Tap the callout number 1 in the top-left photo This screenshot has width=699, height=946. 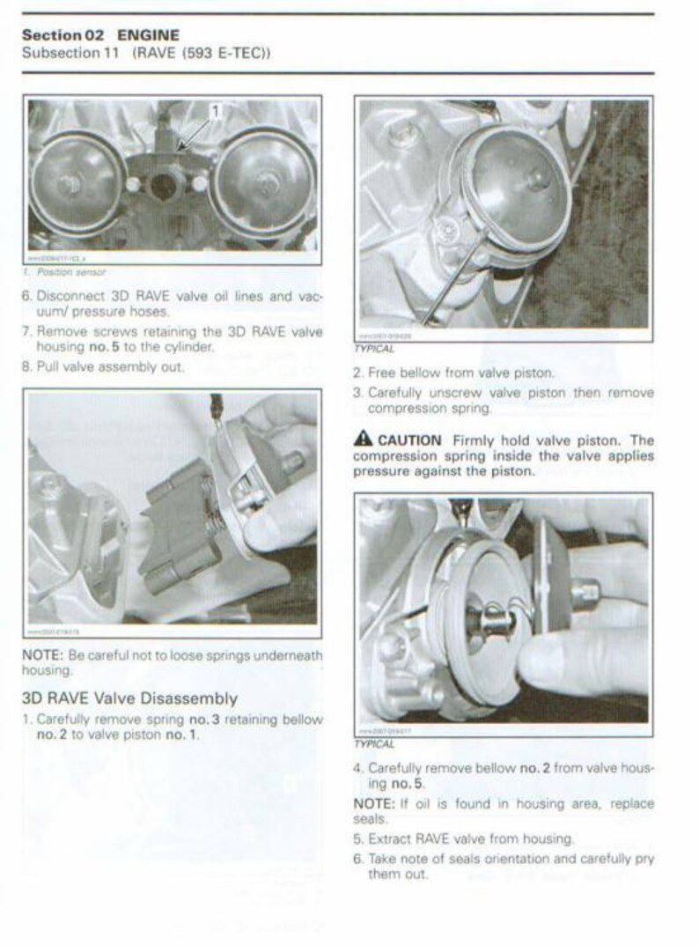pyautogui.click(x=216, y=111)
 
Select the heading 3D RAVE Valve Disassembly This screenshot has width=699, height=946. pyautogui.click(x=129, y=698)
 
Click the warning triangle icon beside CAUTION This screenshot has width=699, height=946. pyautogui.click(x=362, y=440)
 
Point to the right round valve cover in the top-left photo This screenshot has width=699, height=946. pyautogui.click(x=264, y=181)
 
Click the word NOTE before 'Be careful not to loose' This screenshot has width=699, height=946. pyautogui.click(x=41, y=655)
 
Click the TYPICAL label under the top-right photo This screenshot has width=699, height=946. pyautogui.click(x=372, y=349)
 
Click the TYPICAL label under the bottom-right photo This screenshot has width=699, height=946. pyautogui.click(x=372, y=744)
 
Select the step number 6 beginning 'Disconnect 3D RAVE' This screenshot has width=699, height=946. pyautogui.click(x=26, y=297)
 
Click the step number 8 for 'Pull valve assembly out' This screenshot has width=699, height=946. pyautogui.click(x=26, y=366)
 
